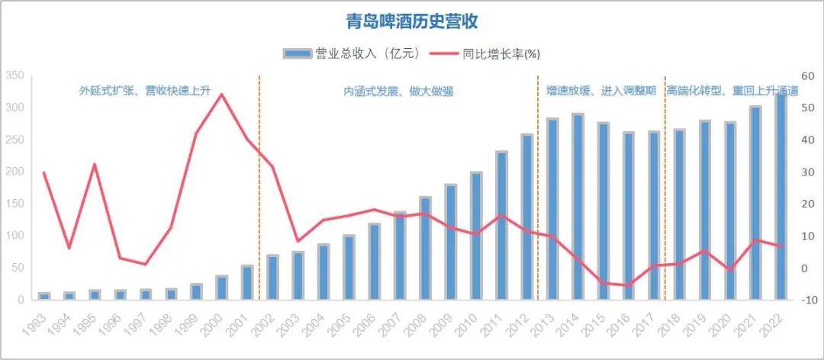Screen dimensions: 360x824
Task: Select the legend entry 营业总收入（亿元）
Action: coord(352,53)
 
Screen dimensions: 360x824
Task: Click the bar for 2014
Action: coord(578,207)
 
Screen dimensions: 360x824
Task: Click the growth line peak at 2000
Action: coord(221,95)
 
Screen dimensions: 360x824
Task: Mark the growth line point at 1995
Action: coord(95,164)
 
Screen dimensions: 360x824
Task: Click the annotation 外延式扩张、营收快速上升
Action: coord(145,91)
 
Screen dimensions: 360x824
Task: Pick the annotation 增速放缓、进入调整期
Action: coord(601,91)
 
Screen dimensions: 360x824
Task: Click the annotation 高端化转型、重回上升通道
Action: coord(732,91)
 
